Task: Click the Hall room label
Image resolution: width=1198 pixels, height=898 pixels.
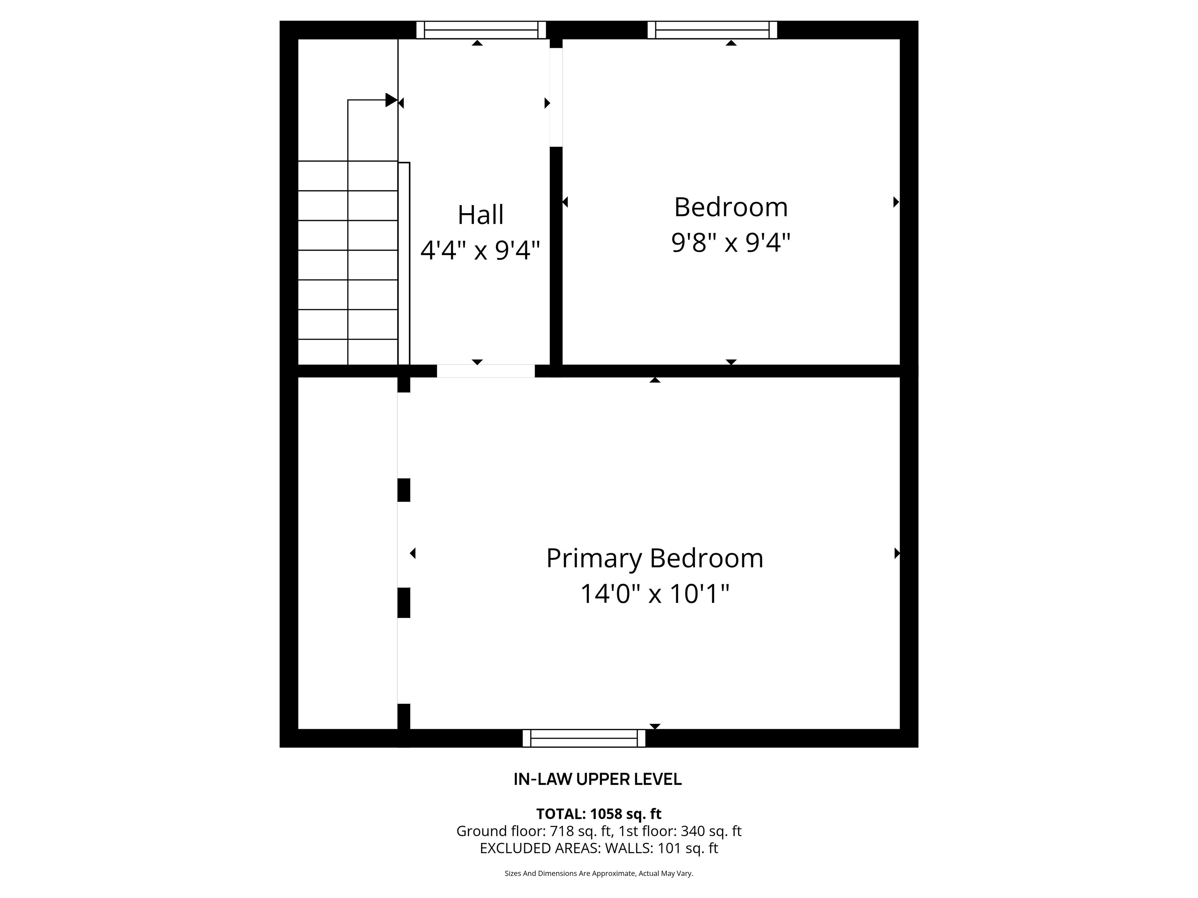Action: click(480, 215)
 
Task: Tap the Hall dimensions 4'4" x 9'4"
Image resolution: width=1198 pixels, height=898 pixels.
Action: click(480, 250)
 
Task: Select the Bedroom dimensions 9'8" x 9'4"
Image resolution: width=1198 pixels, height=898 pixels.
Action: click(730, 242)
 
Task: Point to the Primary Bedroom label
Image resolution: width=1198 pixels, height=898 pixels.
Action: click(654, 558)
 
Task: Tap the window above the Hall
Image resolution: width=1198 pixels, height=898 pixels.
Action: click(480, 30)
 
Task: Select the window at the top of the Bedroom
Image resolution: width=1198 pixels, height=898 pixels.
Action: click(712, 30)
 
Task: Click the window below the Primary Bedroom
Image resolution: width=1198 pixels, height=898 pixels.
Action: click(584, 738)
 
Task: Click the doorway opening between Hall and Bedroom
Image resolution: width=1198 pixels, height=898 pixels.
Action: click(556, 97)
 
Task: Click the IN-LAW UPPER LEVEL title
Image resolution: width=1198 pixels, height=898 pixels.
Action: click(597, 780)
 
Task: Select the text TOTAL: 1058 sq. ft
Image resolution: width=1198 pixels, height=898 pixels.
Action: click(599, 814)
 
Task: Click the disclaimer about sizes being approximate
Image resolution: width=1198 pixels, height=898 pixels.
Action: click(599, 873)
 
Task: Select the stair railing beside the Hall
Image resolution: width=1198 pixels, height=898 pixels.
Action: click(404, 263)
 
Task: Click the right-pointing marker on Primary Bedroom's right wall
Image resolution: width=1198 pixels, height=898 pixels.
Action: click(896, 553)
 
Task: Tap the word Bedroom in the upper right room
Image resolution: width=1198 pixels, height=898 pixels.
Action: click(730, 207)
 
